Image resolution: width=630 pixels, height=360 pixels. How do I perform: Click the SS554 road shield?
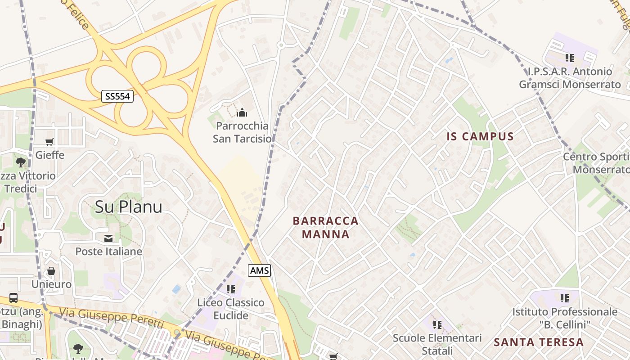pyautogui.click(x=117, y=96)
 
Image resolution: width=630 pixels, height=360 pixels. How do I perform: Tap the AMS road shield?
pyautogui.click(x=259, y=270)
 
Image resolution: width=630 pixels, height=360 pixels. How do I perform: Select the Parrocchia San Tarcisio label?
pyautogui.click(x=242, y=132)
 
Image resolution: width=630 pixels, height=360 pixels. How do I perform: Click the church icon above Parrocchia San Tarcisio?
pyautogui.click(x=242, y=112)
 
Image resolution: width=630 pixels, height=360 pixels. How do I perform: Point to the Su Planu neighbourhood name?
pyautogui.click(x=128, y=207)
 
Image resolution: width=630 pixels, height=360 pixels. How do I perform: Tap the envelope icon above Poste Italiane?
pyautogui.click(x=108, y=238)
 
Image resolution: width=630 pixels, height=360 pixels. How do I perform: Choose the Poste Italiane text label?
pyautogui.click(x=108, y=251)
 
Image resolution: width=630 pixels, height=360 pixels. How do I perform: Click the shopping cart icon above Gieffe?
pyautogui.click(x=49, y=142)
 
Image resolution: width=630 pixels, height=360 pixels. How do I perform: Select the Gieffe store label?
pyautogui.click(x=49, y=155)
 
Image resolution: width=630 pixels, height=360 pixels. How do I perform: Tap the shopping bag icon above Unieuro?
pyautogui.click(x=51, y=271)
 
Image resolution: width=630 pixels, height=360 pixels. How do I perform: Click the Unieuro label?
pyautogui.click(x=51, y=284)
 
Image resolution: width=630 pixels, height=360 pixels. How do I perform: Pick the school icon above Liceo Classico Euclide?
pyautogui.click(x=231, y=289)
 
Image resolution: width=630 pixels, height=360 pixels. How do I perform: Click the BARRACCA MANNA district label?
pyautogui.click(x=325, y=227)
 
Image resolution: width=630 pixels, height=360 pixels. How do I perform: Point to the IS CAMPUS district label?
pyautogui.click(x=480, y=137)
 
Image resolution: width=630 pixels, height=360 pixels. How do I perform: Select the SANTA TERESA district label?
pyautogui.click(x=539, y=342)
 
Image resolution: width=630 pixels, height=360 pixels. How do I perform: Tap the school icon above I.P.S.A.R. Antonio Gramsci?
pyautogui.click(x=570, y=58)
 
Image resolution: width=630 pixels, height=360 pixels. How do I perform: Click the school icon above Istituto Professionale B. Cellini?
pyautogui.click(x=565, y=298)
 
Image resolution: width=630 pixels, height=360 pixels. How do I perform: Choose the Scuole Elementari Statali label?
pyautogui.click(x=437, y=344)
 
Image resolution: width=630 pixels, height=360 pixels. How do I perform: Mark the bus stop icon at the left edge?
pyautogui.click(x=13, y=297)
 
